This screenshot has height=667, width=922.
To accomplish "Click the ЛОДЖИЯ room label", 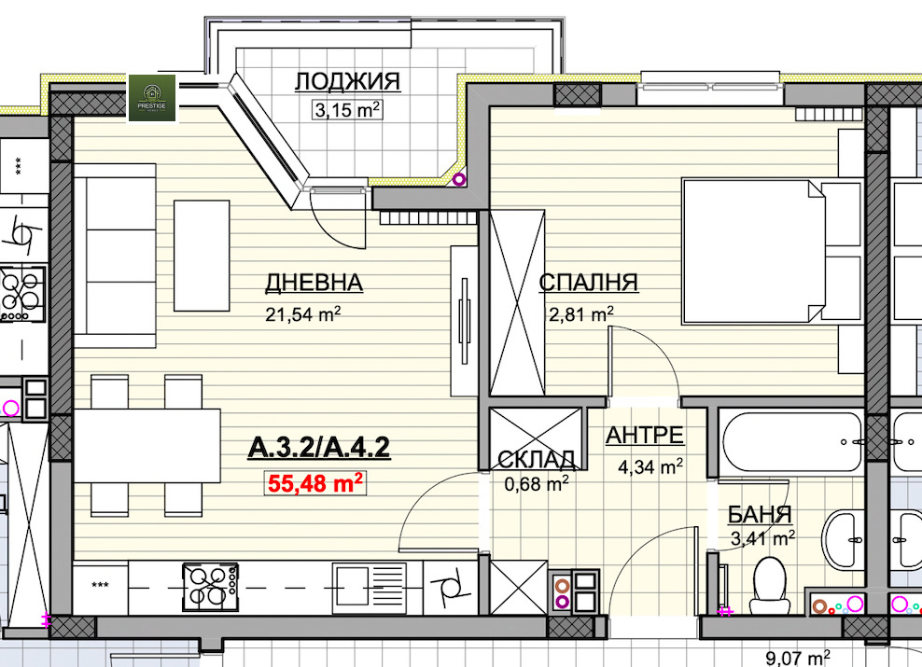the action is [x=347, y=82].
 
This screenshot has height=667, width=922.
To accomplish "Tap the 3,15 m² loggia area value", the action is [x=347, y=109].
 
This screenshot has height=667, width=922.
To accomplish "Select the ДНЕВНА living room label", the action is [x=314, y=283].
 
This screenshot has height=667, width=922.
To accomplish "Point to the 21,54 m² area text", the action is [x=303, y=313].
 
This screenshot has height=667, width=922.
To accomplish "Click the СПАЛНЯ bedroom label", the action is [x=589, y=283].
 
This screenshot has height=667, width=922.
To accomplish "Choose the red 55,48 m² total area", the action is [x=315, y=483].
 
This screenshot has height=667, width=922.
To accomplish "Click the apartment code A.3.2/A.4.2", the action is [x=319, y=448].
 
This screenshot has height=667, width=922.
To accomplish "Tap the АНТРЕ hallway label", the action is [x=645, y=436].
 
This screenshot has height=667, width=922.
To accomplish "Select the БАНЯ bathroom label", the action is [x=760, y=514].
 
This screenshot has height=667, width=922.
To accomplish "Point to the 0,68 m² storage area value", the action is [x=537, y=483].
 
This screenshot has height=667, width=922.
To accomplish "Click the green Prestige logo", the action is [x=152, y=98].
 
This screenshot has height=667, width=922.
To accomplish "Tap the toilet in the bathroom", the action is [x=769, y=585].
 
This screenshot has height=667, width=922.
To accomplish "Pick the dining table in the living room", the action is [x=147, y=446].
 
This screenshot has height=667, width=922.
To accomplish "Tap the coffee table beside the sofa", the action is [x=202, y=255].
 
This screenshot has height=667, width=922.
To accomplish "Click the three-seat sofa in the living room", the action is [x=115, y=256].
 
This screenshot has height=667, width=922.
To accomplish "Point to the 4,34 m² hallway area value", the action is [x=650, y=467].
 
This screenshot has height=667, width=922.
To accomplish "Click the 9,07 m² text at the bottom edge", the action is [x=798, y=658].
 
